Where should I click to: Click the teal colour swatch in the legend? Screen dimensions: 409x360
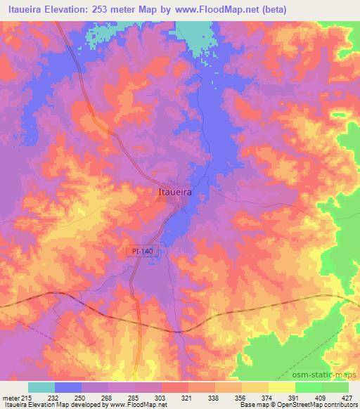tap(41, 387)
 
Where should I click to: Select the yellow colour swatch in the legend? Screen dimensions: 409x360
tap(281, 387)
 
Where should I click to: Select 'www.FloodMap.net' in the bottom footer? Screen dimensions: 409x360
tap(137, 405)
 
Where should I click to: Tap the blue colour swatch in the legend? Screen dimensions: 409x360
tap(68, 387)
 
